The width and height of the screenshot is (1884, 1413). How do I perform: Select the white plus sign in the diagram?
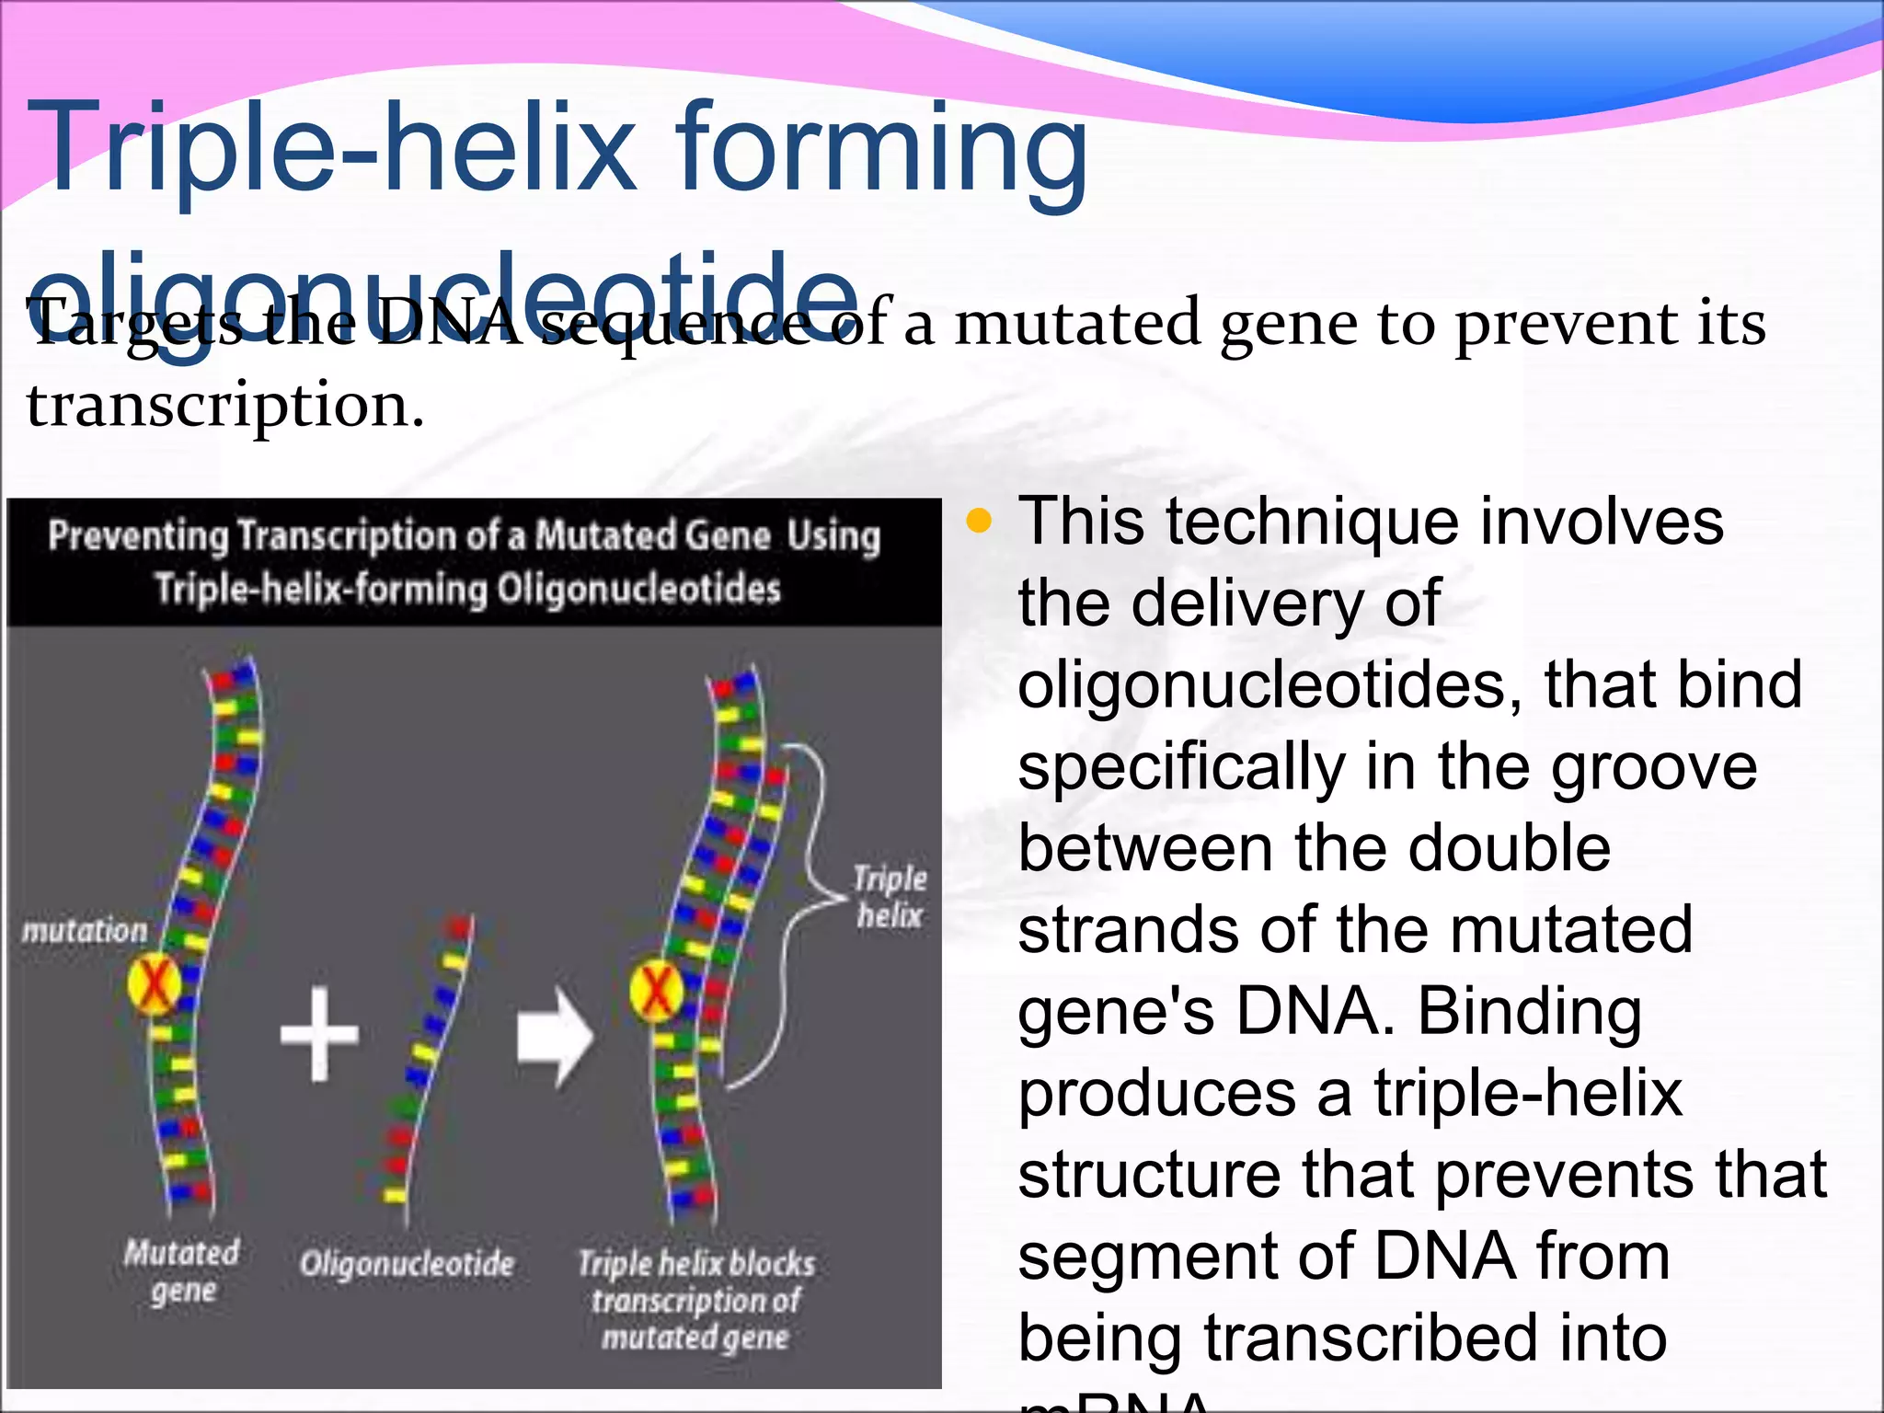point(319,1033)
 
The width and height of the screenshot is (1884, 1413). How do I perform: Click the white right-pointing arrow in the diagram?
point(555,1037)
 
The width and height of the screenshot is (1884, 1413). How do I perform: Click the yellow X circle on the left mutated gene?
point(154,984)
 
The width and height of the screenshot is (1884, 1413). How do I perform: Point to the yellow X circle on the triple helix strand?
point(656,991)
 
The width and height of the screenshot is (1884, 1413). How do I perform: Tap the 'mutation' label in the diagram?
point(85,931)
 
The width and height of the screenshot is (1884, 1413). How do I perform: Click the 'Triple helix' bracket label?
point(890,896)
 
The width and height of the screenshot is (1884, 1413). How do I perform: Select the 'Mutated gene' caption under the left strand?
point(182,1270)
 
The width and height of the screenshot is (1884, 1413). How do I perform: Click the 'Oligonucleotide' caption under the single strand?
point(407,1264)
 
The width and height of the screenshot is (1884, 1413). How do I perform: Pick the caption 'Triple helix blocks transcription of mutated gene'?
point(696,1300)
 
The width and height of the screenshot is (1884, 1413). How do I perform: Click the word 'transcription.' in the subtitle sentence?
point(225,406)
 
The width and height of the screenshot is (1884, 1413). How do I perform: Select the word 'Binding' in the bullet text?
point(1529,1011)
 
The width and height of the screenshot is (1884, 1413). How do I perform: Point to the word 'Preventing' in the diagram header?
point(138,535)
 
